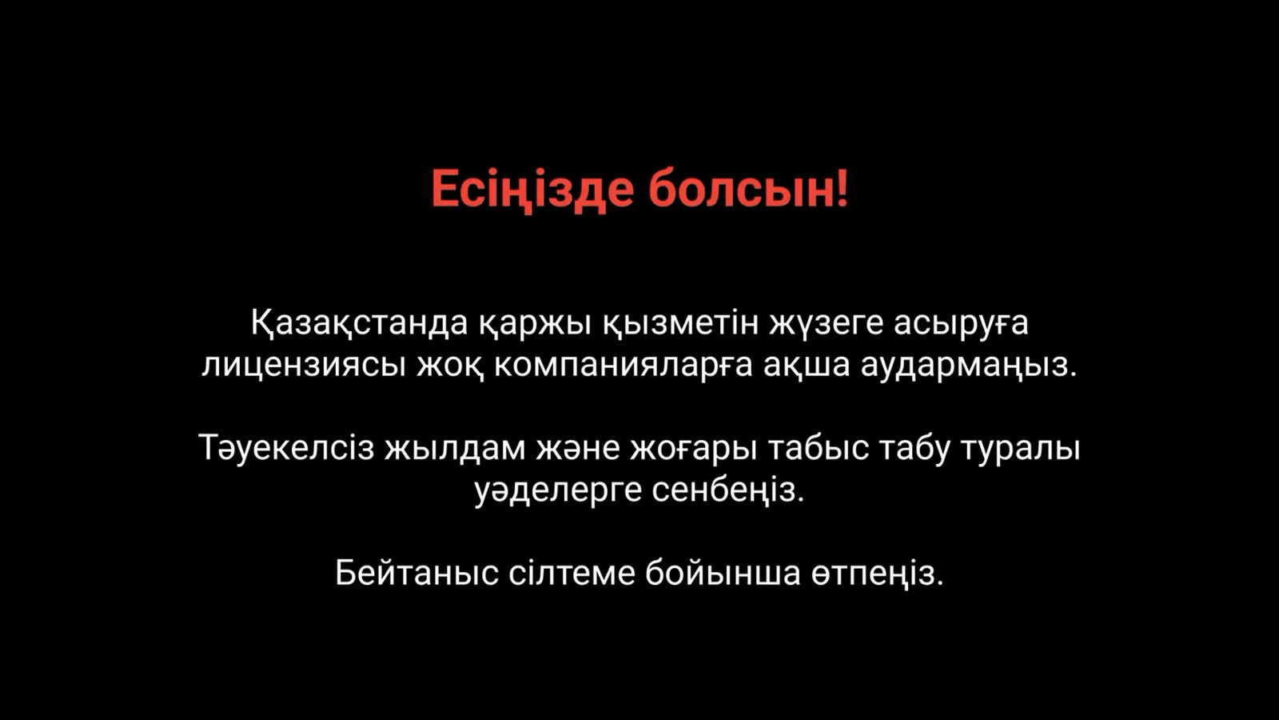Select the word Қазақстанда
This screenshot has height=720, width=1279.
(360, 324)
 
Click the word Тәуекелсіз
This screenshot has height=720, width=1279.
(287, 449)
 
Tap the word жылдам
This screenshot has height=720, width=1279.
(455, 449)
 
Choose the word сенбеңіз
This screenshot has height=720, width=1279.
(728, 491)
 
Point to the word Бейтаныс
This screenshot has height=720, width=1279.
(416, 573)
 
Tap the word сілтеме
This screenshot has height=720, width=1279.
(572, 572)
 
